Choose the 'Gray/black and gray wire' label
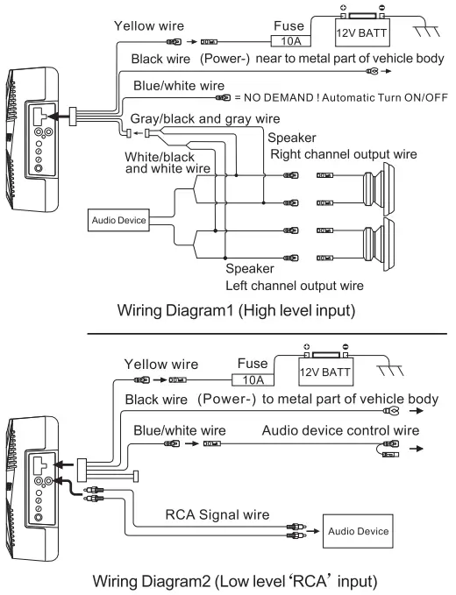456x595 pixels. click(x=205, y=117)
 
